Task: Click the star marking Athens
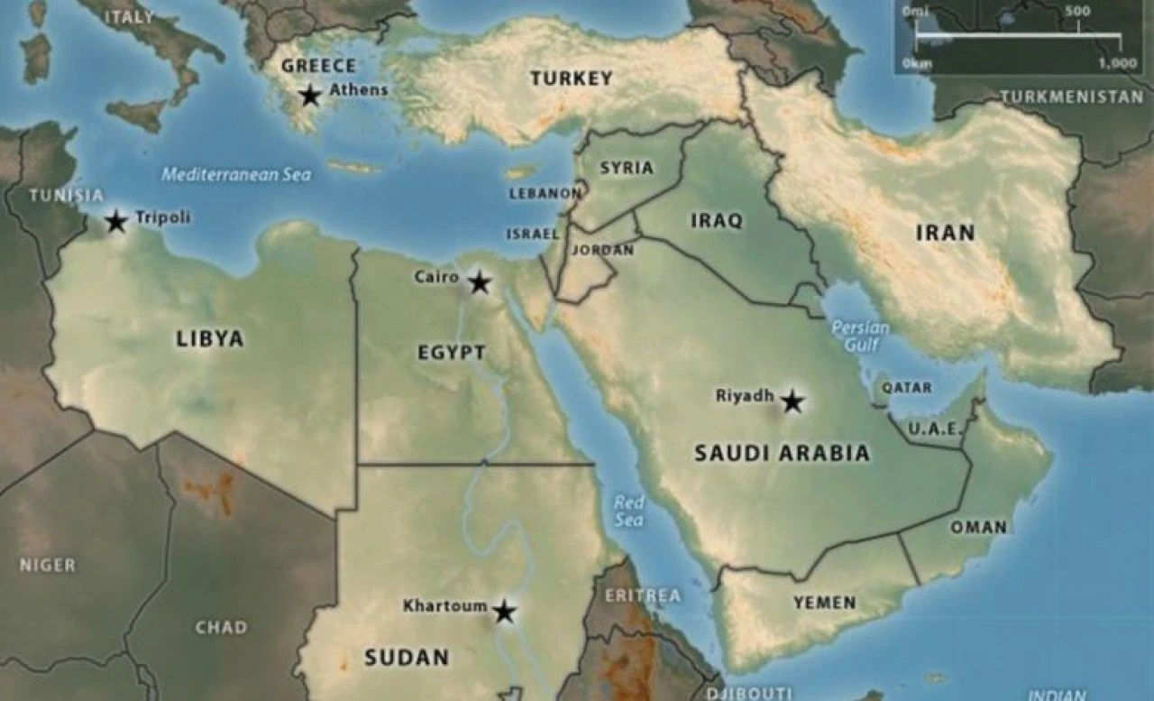[311, 95]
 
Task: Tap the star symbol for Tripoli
[116, 221]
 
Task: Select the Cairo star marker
[480, 282]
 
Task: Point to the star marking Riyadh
[792, 401]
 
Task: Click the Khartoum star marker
[504, 612]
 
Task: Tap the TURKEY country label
[572, 78]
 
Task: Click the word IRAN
[946, 233]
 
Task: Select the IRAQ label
[717, 220]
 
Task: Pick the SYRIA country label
[627, 168]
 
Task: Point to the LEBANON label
[545, 193]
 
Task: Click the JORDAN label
[602, 250]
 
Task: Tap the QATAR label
[907, 387]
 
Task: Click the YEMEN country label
[825, 603]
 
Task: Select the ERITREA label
[643, 595]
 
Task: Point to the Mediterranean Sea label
[236, 174]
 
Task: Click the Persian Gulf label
[860, 336]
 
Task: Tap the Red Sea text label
[629, 512]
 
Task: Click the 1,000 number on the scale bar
[1117, 63]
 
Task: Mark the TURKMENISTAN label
[1071, 97]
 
